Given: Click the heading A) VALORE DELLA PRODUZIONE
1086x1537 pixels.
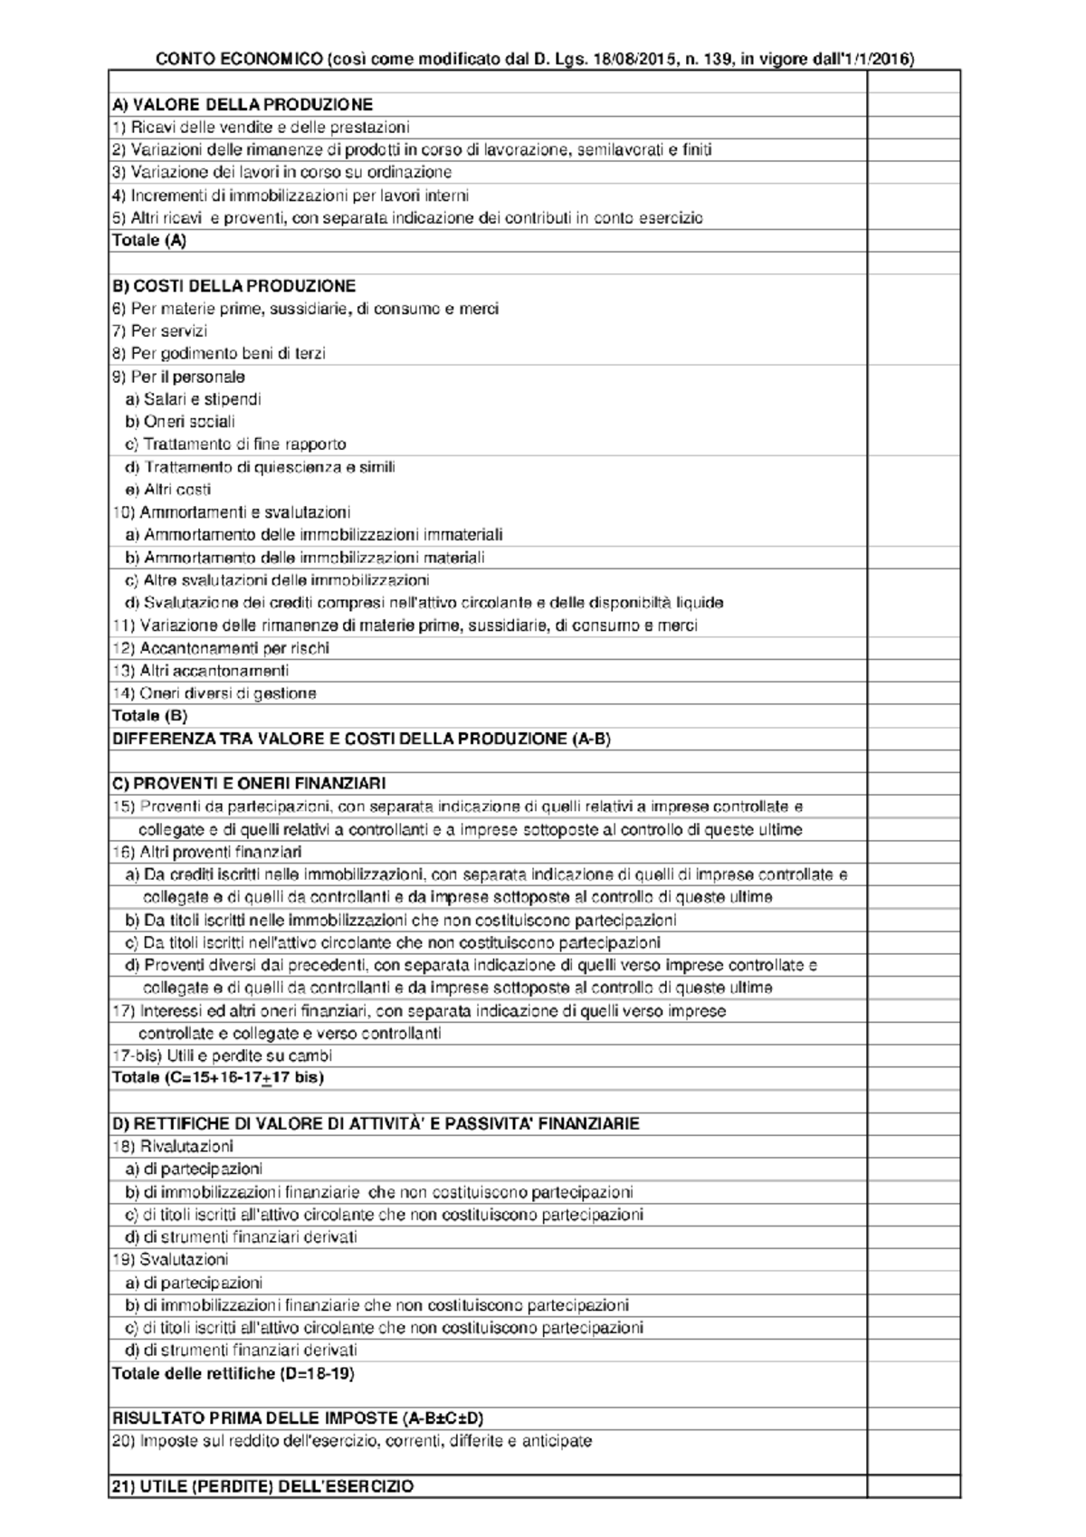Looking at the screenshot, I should [242, 105].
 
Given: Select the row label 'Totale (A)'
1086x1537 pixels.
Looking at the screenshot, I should [149, 241].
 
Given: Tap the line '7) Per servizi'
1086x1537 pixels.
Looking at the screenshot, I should [159, 331].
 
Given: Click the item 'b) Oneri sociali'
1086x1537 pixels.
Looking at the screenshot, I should [180, 422].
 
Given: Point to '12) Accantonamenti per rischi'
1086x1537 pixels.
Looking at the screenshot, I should [220, 648].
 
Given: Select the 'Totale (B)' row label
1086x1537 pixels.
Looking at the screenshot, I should [149, 716].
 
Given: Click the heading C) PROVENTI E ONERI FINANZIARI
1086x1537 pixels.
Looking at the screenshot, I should [249, 783].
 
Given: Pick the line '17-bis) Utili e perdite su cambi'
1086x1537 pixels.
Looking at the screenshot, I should [222, 1055].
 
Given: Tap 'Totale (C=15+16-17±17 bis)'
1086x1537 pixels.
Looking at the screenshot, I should [217, 1078].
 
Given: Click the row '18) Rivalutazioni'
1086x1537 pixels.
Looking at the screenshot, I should [172, 1146].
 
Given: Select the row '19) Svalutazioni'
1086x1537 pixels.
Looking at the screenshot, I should [170, 1259].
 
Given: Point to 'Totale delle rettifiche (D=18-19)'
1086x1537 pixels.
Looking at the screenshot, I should [233, 1373].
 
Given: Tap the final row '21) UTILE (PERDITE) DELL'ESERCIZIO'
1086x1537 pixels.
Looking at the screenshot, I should [262, 1486].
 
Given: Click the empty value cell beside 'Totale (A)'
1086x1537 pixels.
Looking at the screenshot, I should [912, 241].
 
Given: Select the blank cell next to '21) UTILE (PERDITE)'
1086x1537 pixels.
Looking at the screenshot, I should [912, 1486].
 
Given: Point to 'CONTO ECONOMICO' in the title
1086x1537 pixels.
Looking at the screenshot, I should [238, 60].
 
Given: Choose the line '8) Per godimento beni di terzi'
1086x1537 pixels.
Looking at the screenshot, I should [218, 354].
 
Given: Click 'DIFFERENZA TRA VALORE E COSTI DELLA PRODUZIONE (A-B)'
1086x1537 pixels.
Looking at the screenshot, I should [361, 739].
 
